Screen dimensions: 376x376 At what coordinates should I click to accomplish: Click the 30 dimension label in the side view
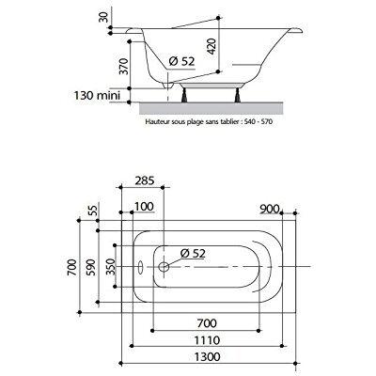(103, 16)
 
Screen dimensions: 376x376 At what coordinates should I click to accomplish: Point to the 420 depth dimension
(212, 46)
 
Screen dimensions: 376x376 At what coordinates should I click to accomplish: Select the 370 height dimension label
(124, 66)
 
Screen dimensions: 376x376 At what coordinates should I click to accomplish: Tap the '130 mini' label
(97, 95)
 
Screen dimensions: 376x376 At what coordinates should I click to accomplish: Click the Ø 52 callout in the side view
(181, 61)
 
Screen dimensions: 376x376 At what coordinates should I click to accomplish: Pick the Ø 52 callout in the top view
(193, 253)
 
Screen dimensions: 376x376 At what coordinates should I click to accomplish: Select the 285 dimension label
(145, 180)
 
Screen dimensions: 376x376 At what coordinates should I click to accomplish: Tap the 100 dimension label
(144, 207)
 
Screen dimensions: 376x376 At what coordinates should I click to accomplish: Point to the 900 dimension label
(270, 209)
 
